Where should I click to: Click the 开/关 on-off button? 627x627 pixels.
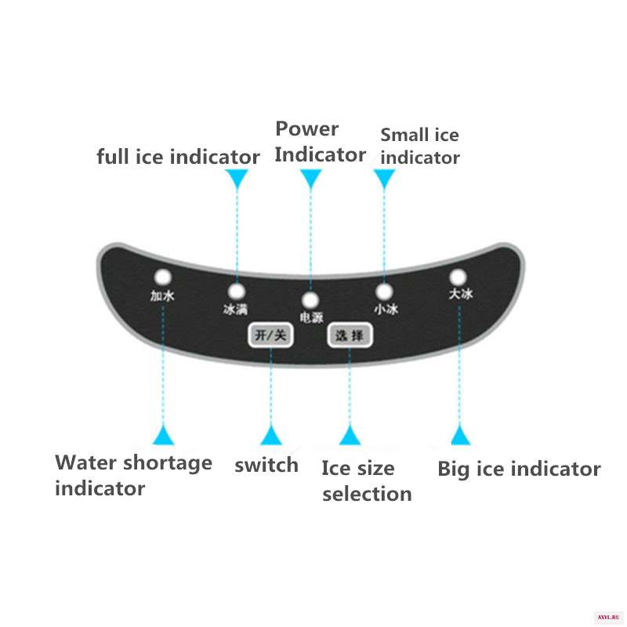click(x=270, y=335)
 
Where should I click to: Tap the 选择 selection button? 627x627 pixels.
click(x=350, y=335)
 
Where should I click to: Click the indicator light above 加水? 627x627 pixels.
click(x=163, y=277)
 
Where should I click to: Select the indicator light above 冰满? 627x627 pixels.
click(x=237, y=292)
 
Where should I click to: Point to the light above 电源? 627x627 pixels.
click(x=310, y=300)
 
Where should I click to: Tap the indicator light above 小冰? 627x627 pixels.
click(x=384, y=292)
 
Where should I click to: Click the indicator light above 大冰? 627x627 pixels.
click(x=458, y=277)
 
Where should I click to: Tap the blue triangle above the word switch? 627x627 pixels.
click(x=271, y=436)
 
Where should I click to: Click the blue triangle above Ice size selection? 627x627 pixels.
click(x=350, y=436)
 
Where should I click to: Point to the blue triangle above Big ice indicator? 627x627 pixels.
click(x=460, y=436)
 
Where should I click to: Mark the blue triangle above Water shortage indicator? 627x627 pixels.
click(x=163, y=436)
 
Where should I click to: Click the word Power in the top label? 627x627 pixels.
click(x=307, y=129)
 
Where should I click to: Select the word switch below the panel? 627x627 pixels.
click(x=266, y=466)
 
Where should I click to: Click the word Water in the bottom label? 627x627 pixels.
click(x=86, y=463)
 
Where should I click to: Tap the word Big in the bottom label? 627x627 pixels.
click(x=454, y=469)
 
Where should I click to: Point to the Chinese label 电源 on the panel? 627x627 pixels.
click(x=311, y=317)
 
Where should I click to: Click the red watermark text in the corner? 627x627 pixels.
click(x=608, y=617)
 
